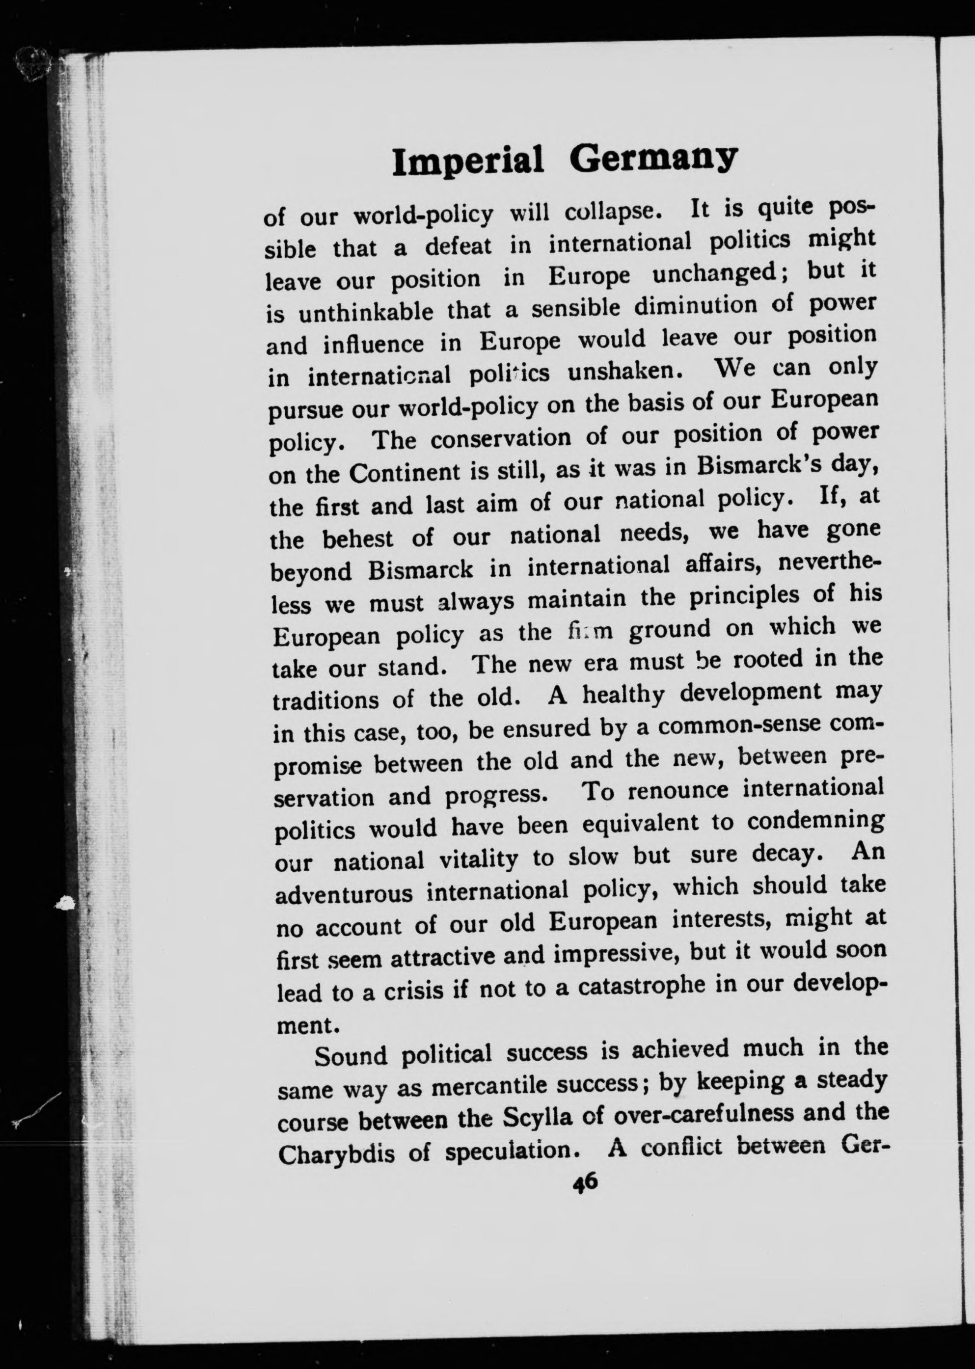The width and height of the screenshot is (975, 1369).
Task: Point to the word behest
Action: [x=358, y=539]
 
